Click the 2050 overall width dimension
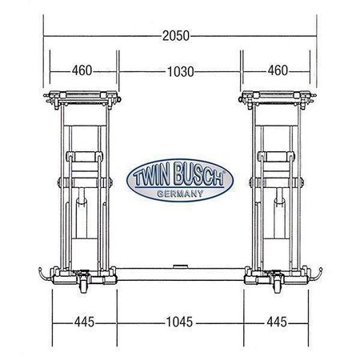pos(176,36)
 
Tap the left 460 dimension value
pos(82,70)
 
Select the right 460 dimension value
pos(278,70)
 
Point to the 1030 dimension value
pos(181,72)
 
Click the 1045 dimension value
pos(179,322)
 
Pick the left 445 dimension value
pos(84,322)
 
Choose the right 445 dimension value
pos(277,322)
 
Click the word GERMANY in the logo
pos(180,194)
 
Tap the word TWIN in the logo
pos(151,175)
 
